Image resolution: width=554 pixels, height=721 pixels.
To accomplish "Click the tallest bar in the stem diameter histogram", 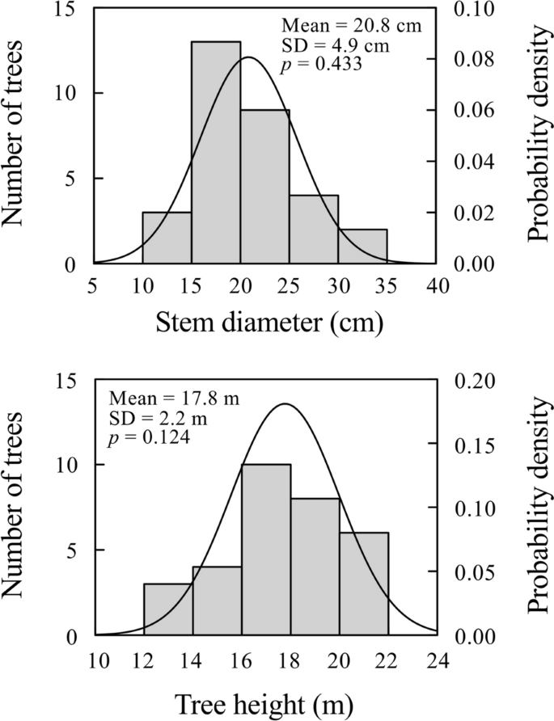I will [216, 153].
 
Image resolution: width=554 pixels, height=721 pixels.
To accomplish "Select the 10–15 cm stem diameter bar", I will [167, 238].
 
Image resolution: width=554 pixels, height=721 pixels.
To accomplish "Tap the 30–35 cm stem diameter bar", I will [362, 247].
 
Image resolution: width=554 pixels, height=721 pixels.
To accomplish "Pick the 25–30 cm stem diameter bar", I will [314, 230].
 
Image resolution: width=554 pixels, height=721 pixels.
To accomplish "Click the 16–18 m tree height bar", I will [266, 550].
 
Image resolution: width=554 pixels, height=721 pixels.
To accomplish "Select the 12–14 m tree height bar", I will [168, 609].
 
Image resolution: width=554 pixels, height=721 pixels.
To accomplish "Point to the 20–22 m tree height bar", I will [364, 584].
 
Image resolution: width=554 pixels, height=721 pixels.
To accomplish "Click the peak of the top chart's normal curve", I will [248, 57].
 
